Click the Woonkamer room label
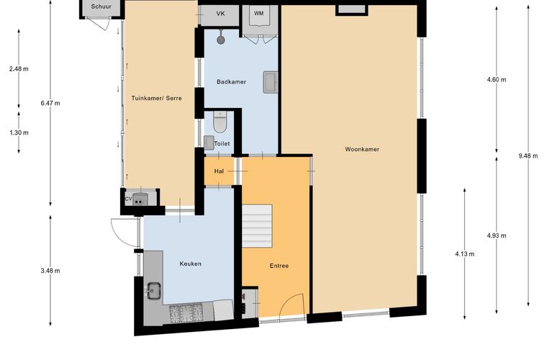[362, 149]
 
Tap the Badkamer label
[231, 82]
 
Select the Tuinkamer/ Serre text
[157, 99]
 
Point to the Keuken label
[191, 264]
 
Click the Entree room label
[279, 266]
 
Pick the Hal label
[219, 171]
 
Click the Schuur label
[101, 6]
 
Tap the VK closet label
[220, 14]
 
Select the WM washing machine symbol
[259, 16]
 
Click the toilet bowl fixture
[220, 122]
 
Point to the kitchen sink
[153, 291]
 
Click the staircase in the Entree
[257, 226]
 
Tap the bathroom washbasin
[271, 82]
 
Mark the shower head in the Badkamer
[220, 38]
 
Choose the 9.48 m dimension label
[528, 156]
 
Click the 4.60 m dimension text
[497, 79]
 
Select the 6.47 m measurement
[50, 103]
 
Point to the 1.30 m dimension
[19, 133]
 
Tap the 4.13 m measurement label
[465, 254]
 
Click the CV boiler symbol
[140, 199]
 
